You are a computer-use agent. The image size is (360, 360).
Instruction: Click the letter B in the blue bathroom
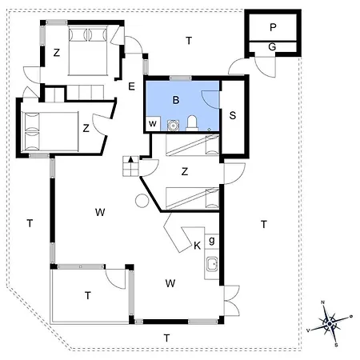click(x=176, y=100)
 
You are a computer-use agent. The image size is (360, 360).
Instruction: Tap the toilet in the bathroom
click(x=192, y=123)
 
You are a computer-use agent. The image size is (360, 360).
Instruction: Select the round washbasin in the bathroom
click(x=173, y=125)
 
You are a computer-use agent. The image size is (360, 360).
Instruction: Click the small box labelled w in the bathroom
click(x=153, y=124)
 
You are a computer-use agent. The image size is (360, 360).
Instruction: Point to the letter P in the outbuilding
click(x=273, y=27)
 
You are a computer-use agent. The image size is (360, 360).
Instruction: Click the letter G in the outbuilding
click(x=272, y=47)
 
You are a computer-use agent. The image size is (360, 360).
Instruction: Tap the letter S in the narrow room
click(x=233, y=115)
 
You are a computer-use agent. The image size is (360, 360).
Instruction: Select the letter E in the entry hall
click(x=131, y=86)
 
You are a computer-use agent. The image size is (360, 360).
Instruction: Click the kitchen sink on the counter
click(x=212, y=264)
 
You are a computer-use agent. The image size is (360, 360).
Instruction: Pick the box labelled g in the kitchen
click(x=212, y=242)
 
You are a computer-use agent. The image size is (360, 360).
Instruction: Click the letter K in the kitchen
click(x=197, y=246)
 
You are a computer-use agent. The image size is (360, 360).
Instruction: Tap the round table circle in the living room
click(x=142, y=201)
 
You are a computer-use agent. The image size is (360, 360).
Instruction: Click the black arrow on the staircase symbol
click(x=131, y=159)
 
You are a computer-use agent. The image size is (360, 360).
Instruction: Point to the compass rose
click(x=330, y=324)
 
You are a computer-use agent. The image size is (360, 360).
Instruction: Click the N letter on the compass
click(x=322, y=302)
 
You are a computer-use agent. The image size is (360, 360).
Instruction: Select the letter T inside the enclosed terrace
click(x=88, y=295)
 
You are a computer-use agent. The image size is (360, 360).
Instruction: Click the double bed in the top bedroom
click(x=88, y=50)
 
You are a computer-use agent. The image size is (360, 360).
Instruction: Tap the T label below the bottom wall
click(x=166, y=338)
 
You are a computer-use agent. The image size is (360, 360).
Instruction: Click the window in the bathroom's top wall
click(x=181, y=78)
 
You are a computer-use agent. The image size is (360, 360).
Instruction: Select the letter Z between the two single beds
click(x=185, y=171)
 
